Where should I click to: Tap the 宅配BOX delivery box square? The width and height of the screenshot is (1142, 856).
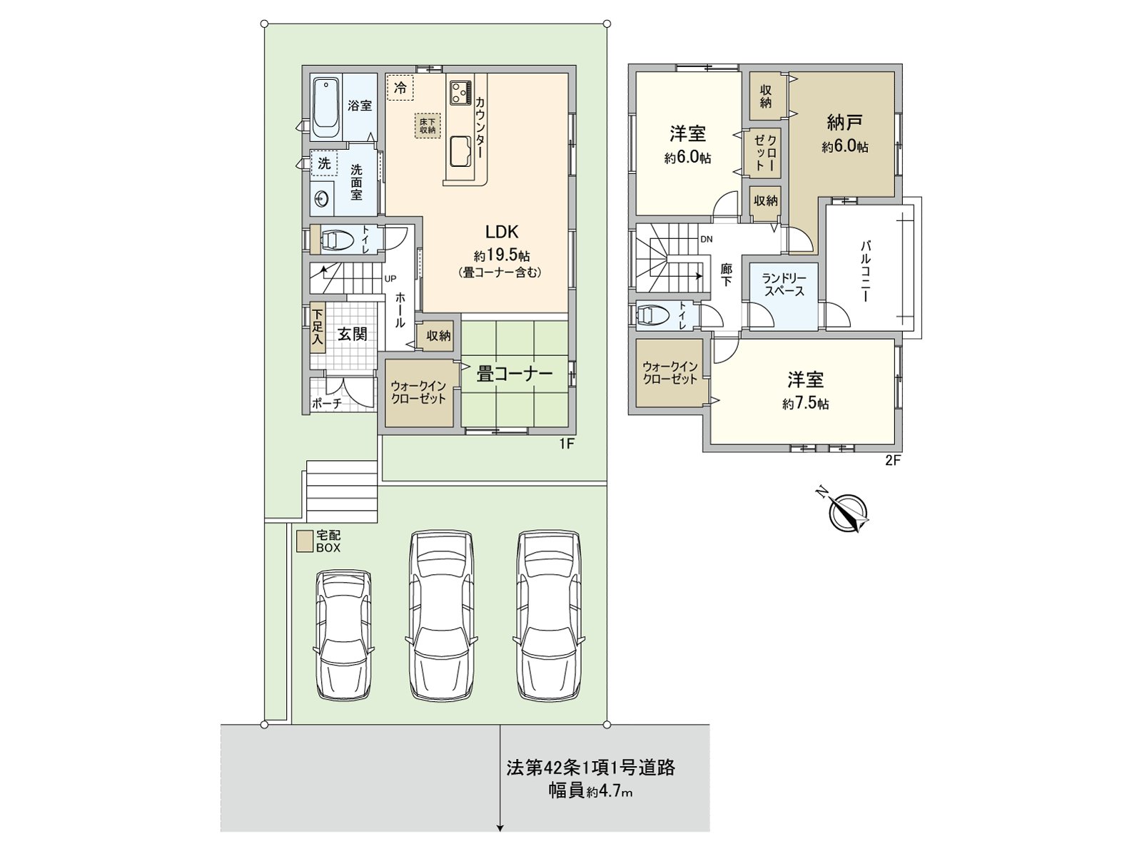[x=305, y=541]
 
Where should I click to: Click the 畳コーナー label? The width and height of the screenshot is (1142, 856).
[x=514, y=374]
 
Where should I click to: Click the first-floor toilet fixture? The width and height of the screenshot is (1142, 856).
[x=335, y=240]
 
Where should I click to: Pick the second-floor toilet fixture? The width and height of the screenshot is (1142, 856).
[x=653, y=315]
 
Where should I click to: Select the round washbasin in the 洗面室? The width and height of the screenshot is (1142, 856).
[x=320, y=199]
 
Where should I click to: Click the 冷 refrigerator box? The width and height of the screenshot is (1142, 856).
[x=400, y=88]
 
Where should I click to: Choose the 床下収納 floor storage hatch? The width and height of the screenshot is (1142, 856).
[x=428, y=126]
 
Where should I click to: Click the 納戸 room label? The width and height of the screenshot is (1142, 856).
[x=844, y=123]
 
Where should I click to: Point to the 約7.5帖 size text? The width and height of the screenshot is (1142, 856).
[x=805, y=404]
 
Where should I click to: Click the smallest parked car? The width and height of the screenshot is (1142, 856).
[x=344, y=636]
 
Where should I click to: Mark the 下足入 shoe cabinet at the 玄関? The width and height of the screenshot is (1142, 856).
[x=318, y=327]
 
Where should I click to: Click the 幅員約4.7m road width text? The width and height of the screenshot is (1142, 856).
[x=590, y=792]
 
